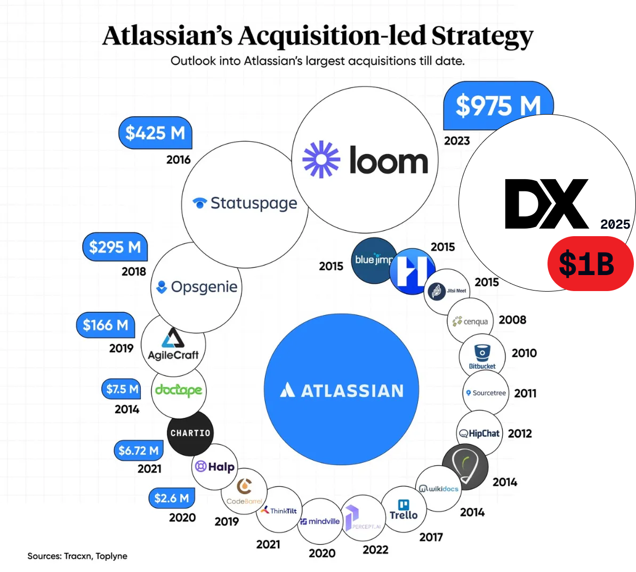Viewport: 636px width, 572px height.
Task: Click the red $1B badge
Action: tap(590, 263)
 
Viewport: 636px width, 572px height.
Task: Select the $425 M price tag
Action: tap(155, 132)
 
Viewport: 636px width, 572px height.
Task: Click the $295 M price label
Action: tap(115, 247)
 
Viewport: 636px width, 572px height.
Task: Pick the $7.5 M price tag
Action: tap(122, 389)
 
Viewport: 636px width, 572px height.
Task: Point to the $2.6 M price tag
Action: tap(171, 498)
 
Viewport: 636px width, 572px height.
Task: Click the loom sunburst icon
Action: tap(321, 159)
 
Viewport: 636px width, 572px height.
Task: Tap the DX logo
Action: tap(546, 204)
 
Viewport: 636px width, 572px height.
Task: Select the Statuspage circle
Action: tap(245, 204)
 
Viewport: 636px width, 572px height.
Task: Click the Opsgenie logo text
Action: tap(204, 287)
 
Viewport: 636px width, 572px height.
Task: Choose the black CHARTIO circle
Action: tap(190, 433)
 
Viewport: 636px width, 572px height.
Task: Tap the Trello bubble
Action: tap(404, 510)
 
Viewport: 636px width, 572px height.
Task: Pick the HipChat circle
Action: tap(480, 433)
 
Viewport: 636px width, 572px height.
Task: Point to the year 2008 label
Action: tap(512, 320)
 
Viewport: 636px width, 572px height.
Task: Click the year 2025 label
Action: tap(615, 224)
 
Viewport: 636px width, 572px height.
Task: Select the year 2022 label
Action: tap(375, 550)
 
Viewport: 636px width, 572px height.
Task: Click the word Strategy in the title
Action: tap(482, 36)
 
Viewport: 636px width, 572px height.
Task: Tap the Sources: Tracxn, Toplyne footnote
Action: tap(77, 556)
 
